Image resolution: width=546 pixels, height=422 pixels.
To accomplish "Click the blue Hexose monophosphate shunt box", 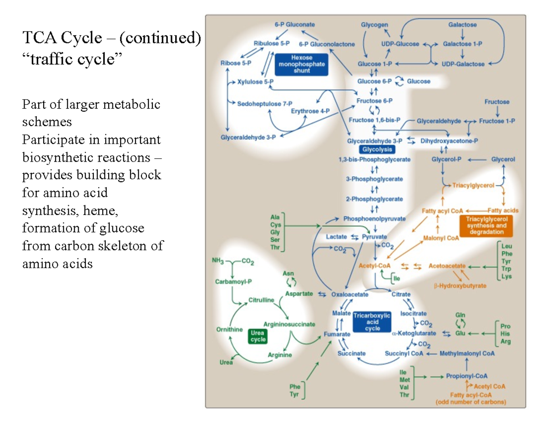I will pyautogui.click(x=300, y=64).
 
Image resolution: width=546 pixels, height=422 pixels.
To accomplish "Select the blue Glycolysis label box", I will pyautogui.click(x=377, y=149).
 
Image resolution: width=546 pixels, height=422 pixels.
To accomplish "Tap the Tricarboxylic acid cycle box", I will pyautogui.click(x=372, y=322).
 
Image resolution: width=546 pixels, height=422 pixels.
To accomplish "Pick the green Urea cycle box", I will pyautogui.click(x=257, y=336).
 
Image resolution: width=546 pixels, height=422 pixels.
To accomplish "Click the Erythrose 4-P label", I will pyautogui.click(x=310, y=111).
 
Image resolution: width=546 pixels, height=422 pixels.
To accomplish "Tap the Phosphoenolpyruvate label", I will pyautogui.click(x=374, y=219).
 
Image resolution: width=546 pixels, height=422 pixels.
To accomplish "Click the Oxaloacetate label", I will pyautogui.click(x=349, y=294).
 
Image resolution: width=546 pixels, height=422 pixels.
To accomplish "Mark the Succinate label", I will pyautogui.click(x=352, y=353).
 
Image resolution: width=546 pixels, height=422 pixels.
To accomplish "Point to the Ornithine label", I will pyautogui.click(x=230, y=329).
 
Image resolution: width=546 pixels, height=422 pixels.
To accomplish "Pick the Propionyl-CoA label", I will pyautogui.click(x=467, y=376).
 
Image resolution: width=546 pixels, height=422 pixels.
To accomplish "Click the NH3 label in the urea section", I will pyautogui.click(x=217, y=261).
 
